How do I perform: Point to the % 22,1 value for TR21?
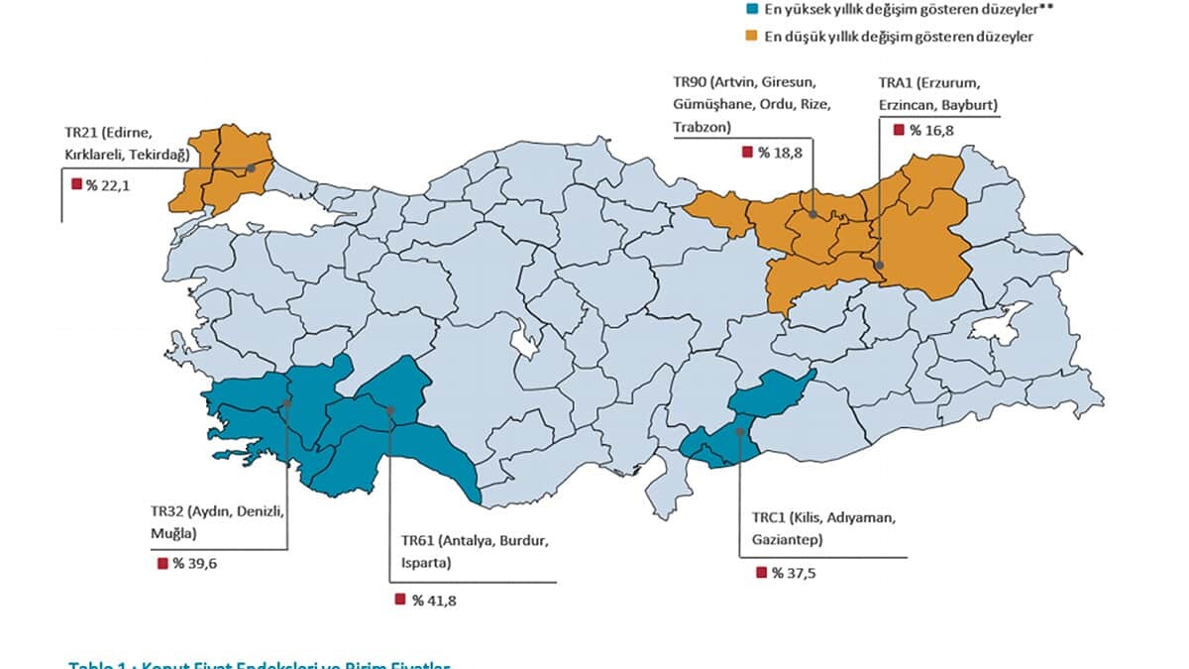[108, 184]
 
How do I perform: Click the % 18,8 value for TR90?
[781, 152]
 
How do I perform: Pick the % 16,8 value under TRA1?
[932, 130]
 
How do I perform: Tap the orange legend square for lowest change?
[752, 37]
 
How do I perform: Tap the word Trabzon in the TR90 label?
[702, 127]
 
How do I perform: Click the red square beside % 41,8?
[400, 600]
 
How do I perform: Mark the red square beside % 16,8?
[899, 130]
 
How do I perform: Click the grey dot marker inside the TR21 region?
[252, 167]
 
